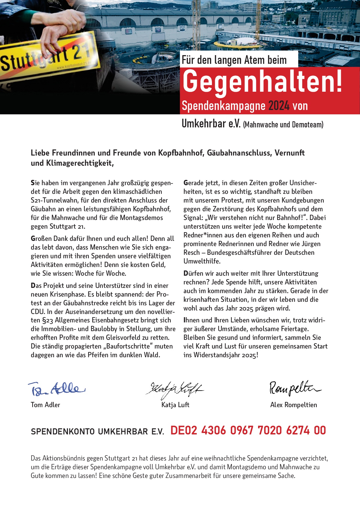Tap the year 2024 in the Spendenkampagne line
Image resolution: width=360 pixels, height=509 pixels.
tap(279, 106)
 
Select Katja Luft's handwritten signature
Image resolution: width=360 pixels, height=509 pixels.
tap(175, 389)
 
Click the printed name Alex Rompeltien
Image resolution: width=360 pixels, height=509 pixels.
tap(294, 405)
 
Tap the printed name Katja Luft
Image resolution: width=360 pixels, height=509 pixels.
tap(175, 405)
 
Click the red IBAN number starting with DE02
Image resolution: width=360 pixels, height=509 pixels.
tap(248, 431)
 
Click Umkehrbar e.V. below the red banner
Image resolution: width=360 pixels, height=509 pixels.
tap(211, 124)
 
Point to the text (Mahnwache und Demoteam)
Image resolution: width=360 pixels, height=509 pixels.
tap(283, 125)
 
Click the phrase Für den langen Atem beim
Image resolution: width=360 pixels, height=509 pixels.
tap(234, 60)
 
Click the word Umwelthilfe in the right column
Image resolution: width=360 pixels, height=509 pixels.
tap(202, 261)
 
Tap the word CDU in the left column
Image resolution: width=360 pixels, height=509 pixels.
tap(38, 312)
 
